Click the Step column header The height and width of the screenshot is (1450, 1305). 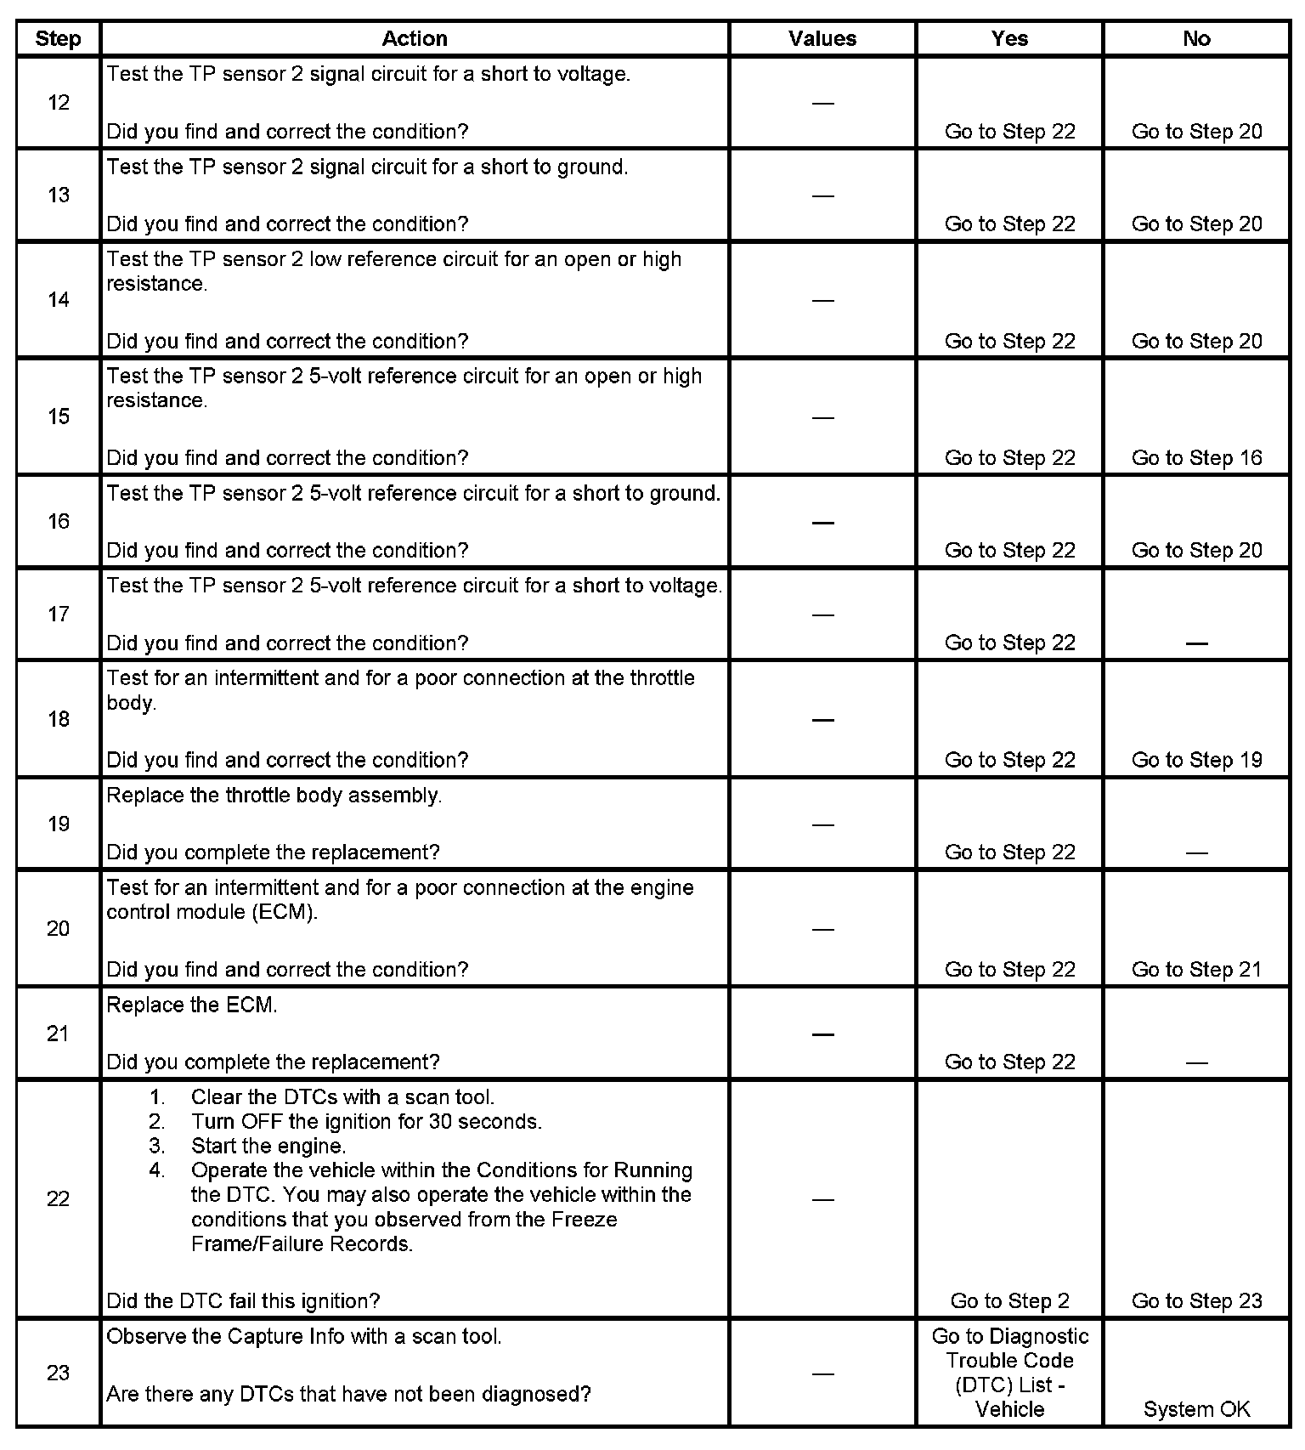click(58, 38)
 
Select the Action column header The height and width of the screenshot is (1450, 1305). click(414, 38)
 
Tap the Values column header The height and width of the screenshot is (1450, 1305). click(822, 38)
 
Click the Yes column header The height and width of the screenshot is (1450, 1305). click(1009, 38)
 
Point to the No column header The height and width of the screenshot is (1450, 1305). click(1196, 38)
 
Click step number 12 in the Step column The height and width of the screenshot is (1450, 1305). click(58, 103)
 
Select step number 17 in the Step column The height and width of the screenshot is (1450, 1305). click(58, 614)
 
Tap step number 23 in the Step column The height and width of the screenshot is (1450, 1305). click(58, 1372)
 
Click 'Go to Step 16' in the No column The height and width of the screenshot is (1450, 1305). click(1196, 458)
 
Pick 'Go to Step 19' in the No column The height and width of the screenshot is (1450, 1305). click(1196, 760)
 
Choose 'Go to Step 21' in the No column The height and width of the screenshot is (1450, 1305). click(1196, 970)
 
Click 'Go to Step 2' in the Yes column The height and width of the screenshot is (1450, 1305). click(1009, 1300)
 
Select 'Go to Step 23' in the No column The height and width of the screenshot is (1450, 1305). click(1196, 1300)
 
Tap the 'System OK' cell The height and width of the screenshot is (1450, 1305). click(1196, 1409)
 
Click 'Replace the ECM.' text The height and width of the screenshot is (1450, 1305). click(192, 1005)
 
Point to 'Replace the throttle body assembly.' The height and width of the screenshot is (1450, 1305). click(274, 796)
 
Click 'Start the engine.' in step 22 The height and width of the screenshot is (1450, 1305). click(268, 1146)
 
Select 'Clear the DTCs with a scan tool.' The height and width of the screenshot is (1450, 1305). click(342, 1097)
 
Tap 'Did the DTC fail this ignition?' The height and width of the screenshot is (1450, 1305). click(243, 1300)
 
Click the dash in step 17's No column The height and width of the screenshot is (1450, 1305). click(1196, 643)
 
